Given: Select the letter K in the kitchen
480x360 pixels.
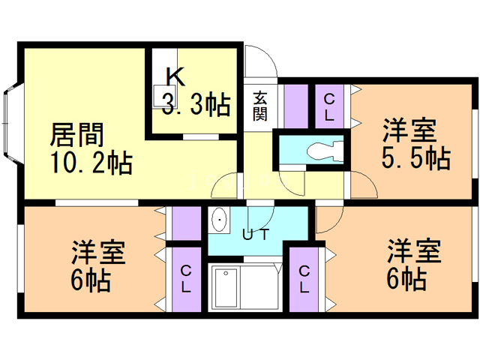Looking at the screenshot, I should click(x=174, y=76).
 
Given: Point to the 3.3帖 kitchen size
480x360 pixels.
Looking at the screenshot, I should click(x=196, y=106).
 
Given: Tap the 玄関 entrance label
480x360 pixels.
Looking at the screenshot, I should click(x=259, y=106).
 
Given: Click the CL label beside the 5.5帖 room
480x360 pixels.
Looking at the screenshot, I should click(x=328, y=106).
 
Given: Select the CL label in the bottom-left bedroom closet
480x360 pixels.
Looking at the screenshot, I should click(x=185, y=279).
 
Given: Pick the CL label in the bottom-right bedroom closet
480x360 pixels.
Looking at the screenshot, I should click(x=304, y=278).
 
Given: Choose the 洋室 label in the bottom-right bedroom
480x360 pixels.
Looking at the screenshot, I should click(x=413, y=250).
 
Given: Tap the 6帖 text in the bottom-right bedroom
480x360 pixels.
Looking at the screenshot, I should click(x=406, y=280).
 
